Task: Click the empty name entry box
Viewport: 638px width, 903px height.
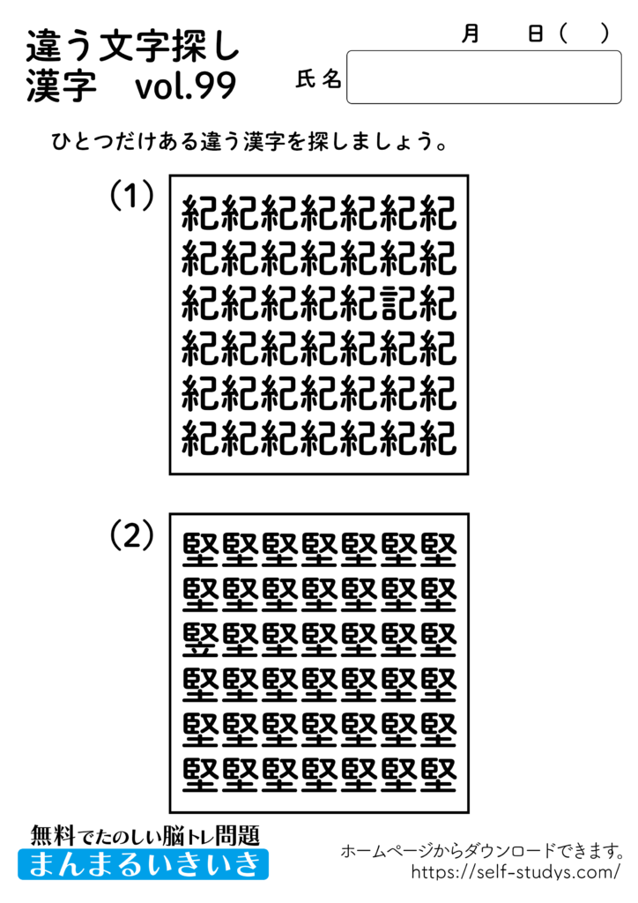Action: click(484, 78)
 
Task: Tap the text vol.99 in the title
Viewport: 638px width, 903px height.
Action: click(186, 87)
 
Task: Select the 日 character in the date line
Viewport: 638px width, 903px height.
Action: click(535, 34)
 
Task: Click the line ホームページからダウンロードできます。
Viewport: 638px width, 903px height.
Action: click(483, 851)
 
